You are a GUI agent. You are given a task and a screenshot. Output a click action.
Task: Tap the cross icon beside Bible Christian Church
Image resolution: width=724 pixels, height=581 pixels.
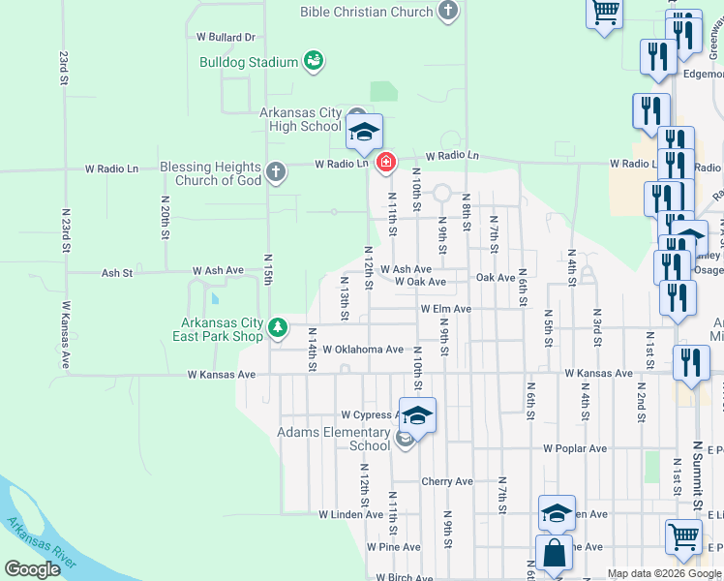click(447, 12)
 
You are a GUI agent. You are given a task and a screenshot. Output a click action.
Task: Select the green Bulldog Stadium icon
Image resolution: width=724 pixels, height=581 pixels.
click(314, 62)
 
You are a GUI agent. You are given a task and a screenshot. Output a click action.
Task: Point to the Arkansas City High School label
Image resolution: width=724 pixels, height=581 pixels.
click(301, 119)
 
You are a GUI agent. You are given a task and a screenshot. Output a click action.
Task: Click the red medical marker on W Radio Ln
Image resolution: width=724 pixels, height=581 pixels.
click(386, 162)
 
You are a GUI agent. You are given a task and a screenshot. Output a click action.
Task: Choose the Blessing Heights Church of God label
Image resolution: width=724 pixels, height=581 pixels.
click(210, 173)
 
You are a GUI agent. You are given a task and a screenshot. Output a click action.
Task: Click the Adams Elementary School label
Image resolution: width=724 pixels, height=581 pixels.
click(334, 439)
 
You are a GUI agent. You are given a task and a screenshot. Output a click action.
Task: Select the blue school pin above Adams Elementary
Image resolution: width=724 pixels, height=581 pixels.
click(417, 414)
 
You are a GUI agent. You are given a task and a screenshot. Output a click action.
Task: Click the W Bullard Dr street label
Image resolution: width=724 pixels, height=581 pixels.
click(225, 37)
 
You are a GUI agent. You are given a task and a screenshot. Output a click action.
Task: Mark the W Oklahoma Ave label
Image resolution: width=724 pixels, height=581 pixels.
click(363, 350)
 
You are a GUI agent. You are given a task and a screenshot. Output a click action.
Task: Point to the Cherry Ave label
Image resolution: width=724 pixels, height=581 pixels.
click(447, 481)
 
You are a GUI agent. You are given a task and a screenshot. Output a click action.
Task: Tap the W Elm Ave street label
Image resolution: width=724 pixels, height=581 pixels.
click(445, 309)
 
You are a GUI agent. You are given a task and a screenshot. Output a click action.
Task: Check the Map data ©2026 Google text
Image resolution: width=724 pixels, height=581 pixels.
click(664, 573)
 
